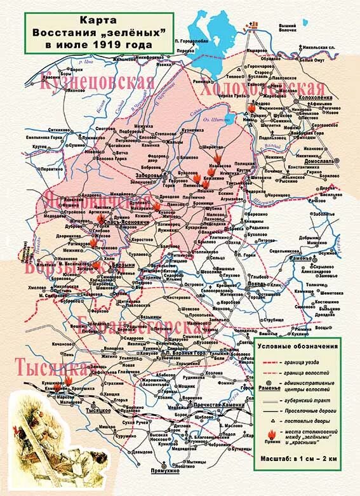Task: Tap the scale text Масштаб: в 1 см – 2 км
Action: (295, 457)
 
